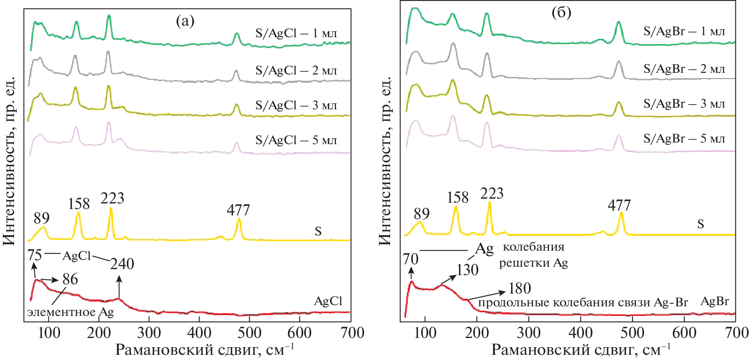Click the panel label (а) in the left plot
click(x=185, y=21)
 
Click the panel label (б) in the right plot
click(x=561, y=13)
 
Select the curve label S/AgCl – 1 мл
click(x=296, y=33)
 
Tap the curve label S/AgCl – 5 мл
click(x=296, y=140)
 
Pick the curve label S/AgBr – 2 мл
click(x=684, y=69)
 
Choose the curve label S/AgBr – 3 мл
click(x=684, y=104)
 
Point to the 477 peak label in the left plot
click(x=238, y=210)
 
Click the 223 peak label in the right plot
click(x=492, y=193)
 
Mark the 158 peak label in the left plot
click(x=79, y=204)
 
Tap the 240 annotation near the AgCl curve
click(x=122, y=264)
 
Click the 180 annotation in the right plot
click(x=520, y=288)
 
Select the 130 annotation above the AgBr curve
click(x=467, y=270)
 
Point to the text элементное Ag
click(x=70, y=312)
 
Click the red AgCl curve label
click(x=328, y=301)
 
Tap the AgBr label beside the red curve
click(x=715, y=301)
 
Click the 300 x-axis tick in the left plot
click(x=149, y=333)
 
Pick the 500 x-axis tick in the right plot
click(x=632, y=333)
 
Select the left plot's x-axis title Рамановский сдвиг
click(x=204, y=350)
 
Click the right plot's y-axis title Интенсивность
click(x=385, y=160)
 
